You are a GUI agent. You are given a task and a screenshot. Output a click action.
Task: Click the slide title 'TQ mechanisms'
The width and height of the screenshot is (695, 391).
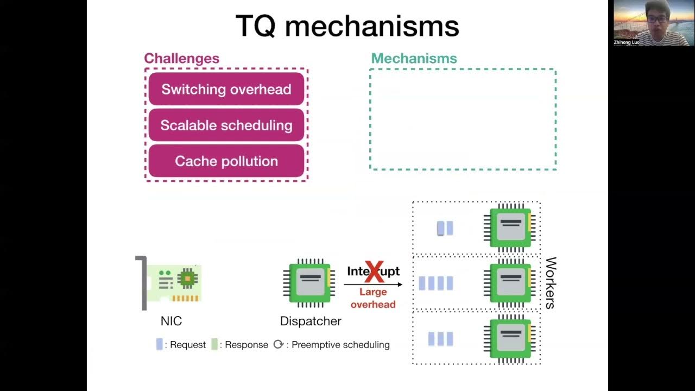point(347,27)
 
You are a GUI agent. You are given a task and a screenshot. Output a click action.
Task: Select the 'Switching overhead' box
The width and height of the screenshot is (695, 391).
point(226,89)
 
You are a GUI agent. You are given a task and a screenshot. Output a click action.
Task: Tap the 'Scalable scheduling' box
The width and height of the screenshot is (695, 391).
point(226,125)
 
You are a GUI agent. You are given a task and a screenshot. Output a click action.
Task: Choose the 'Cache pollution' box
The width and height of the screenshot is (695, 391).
point(226,161)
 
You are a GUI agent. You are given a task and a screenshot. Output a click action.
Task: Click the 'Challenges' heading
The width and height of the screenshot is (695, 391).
point(181,59)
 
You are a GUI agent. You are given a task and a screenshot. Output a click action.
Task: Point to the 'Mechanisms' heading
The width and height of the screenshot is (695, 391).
point(414,59)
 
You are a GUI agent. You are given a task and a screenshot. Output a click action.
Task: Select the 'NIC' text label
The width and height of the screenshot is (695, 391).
point(171,321)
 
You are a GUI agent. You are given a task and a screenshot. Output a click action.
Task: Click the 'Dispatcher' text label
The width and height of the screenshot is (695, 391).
point(311,321)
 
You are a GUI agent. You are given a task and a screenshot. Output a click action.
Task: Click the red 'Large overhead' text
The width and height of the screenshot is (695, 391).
point(373,298)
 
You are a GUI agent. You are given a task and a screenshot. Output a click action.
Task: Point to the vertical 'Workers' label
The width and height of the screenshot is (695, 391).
point(550,283)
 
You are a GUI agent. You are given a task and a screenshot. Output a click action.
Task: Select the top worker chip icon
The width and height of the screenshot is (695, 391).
point(510,227)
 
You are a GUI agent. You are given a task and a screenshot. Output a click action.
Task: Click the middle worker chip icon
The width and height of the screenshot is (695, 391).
point(510,283)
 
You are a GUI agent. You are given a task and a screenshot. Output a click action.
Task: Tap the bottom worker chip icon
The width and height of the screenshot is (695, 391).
point(510,339)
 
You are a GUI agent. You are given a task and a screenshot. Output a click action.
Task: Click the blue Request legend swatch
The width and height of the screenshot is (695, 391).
point(160,344)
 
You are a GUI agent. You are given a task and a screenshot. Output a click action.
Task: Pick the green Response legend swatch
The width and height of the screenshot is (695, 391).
point(214,344)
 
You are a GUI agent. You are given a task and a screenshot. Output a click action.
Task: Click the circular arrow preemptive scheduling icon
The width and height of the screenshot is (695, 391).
point(279,344)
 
